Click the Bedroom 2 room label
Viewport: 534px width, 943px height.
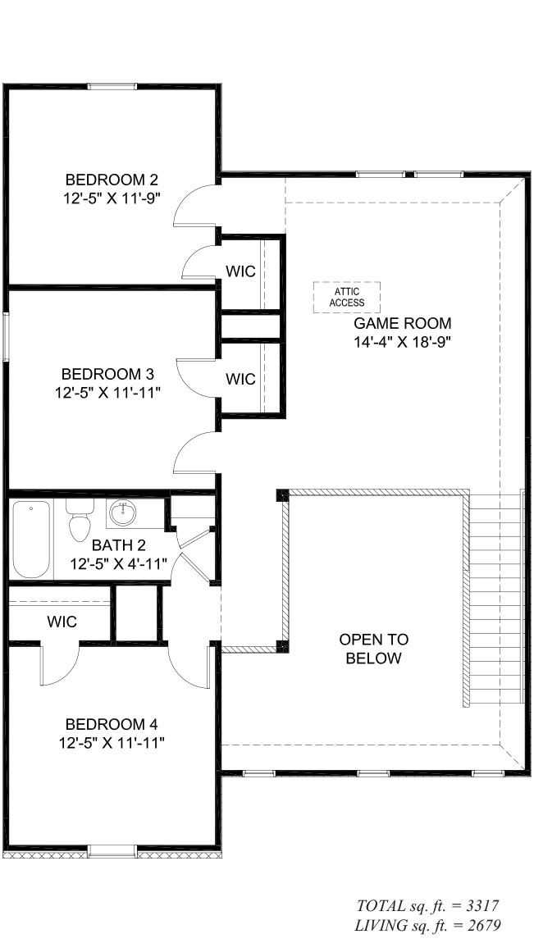pos(112,180)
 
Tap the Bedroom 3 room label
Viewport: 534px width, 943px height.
pos(112,375)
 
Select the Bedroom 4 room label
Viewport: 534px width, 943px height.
pos(112,724)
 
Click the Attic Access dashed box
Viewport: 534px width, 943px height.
pos(346,297)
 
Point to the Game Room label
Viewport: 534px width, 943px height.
pos(402,323)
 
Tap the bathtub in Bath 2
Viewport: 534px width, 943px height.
pos(31,539)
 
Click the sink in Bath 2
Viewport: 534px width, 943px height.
pos(124,514)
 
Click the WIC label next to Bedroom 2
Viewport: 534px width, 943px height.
pos(240,271)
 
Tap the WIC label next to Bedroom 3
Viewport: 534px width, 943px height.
pos(240,379)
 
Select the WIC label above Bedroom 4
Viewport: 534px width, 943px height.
pos(62,622)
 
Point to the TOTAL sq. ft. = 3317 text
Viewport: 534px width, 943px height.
pos(427,906)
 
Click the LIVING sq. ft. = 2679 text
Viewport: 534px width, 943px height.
pos(427,925)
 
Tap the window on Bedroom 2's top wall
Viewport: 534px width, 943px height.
pos(112,86)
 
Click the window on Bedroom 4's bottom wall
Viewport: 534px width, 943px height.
pos(112,852)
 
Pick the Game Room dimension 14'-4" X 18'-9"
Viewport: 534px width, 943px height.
pos(402,342)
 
